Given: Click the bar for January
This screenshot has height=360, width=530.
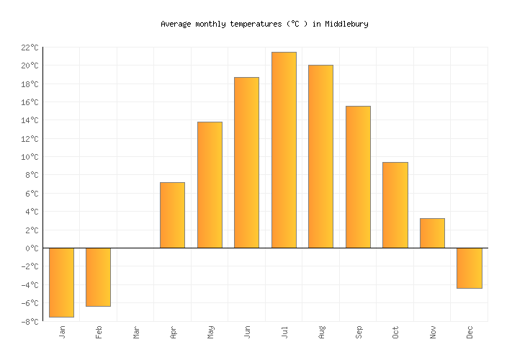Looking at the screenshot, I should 61,282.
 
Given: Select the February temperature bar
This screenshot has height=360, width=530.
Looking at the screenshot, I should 98,277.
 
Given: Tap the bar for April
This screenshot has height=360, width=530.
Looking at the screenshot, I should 172,215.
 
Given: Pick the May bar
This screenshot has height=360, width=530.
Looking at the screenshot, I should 210,185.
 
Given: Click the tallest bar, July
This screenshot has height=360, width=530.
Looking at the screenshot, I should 284,150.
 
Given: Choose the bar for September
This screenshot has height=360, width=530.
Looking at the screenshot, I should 358,177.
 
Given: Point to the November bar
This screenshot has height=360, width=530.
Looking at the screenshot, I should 432,233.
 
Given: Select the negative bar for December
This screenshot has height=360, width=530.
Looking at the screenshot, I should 469,268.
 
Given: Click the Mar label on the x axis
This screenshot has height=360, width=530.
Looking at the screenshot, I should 136,332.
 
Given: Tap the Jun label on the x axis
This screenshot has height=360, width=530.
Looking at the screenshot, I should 247,332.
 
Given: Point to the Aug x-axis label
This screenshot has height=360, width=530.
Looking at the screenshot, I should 321,332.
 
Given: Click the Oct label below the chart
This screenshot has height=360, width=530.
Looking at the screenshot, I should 395,332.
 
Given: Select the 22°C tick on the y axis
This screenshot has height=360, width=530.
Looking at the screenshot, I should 30,48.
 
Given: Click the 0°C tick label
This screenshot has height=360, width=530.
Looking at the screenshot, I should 32,248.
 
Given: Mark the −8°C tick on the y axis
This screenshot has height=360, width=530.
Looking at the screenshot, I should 30,321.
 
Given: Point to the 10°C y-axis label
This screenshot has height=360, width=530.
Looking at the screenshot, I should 30,157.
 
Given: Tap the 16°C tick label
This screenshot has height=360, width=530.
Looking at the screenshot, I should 30,102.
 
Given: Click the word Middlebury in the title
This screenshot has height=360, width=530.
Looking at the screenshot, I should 346,24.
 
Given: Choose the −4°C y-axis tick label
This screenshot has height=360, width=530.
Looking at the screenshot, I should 30,285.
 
